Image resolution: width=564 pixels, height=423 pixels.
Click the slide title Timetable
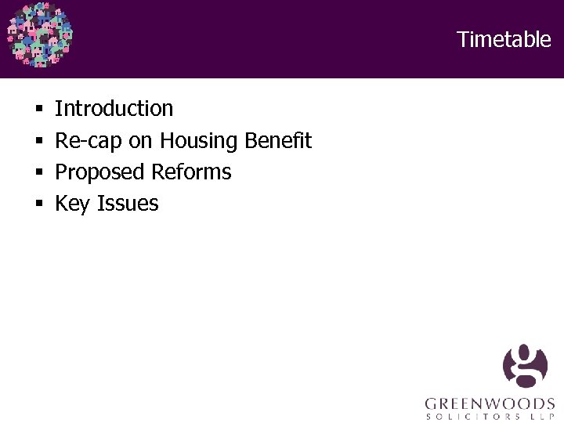[504, 39]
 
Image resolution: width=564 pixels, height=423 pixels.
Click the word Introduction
[114, 108]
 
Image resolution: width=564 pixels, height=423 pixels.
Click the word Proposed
[100, 172]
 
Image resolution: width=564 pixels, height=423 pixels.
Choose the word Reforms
[192, 172]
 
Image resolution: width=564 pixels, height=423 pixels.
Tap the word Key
[73, 204]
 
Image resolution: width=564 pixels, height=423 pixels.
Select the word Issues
[128, 203]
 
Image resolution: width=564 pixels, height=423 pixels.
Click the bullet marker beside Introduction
[38, 109]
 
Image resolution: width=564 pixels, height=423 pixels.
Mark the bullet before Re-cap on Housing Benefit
[38, 141]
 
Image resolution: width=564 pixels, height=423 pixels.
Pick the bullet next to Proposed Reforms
[38, 172]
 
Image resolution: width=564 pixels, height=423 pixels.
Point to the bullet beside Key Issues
[38, 204]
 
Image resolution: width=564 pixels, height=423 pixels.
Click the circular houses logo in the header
[39, 35]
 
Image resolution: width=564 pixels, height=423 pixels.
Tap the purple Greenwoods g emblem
[526, 366]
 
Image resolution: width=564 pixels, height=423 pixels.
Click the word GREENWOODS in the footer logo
[490, 404]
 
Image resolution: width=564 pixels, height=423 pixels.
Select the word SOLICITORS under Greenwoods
[473, 417]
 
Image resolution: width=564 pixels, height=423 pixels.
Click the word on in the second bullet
[140, 142]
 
